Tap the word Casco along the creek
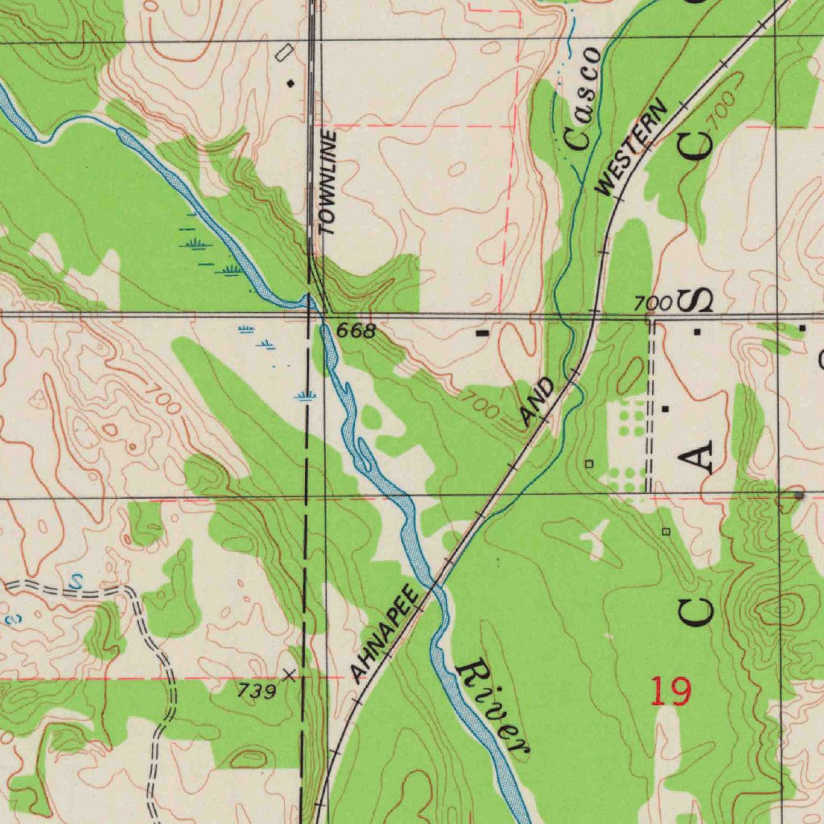(x=583, y=98)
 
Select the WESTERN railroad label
(x=632, y=147)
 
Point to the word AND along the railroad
(x=537, y=402)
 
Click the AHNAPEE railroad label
(x=385, y=634)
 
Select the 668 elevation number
(x=356, y=331)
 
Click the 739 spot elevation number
(x=257, y=690)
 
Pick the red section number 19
(x=669, y=691)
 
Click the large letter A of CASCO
(x=698, y=457)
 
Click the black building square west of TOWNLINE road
(x=290, y=83)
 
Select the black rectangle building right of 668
(x=483, y=332)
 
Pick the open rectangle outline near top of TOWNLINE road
(x=283, y=53)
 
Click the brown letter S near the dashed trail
(x=76, y=580)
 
